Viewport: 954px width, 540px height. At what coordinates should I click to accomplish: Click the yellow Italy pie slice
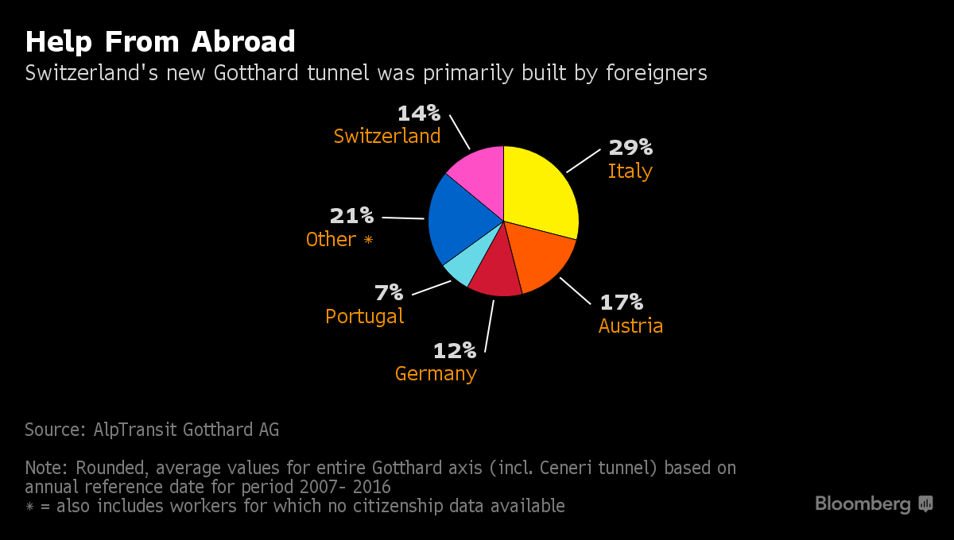pyautogui.click(x=541, y=191)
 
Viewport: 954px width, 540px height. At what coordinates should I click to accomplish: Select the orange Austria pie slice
pyautogui.click(x=541, y=254)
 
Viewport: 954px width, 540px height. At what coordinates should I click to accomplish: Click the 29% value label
pyautogui.click(x=630, y=148)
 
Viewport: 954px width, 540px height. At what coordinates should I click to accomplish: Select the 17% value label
pyautogui.click(x=621, y=303)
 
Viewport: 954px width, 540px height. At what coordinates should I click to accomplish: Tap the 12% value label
pyautogui.click(x=454, y=350)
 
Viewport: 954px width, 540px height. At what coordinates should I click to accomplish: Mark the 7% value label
pyautogui.click(x=389, y=293)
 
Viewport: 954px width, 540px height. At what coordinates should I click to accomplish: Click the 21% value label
pyautogui.click(x=351, y=215)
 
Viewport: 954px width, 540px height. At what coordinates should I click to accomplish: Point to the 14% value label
pyautogui.click(x=418, y=113)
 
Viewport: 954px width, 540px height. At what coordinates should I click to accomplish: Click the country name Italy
pyautogui.click(x=630, y=172)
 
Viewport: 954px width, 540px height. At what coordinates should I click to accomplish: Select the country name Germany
pyautogui.click(x=436, y=373)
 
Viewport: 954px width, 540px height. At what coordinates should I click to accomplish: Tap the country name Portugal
pyautogui.click(x=364, y=316)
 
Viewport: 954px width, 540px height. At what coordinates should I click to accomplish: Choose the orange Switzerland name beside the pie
pyautogui.click(x=387, y=137)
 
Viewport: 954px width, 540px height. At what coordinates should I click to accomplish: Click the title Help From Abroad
pyautogui.click(x=160, y=41)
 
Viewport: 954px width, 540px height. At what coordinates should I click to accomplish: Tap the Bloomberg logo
pyautogui.click(x=873, y=503)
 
